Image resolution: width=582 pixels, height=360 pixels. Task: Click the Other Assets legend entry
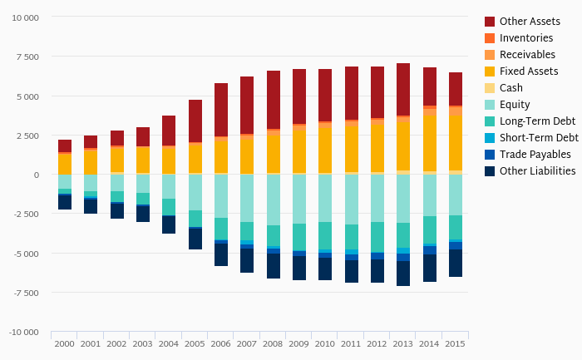[x=524, y=21]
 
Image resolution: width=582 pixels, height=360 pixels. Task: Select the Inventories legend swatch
[x=490, y=38]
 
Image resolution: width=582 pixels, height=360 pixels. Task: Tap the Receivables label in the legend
[x=527, y=55]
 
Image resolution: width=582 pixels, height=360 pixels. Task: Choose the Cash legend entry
[x=510, y=88]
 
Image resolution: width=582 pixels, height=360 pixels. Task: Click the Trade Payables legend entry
[x=535, y=155]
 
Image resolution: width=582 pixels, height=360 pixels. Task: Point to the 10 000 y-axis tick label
[x=24, y=17]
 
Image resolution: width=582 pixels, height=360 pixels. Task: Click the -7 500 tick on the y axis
[x=26, y=293]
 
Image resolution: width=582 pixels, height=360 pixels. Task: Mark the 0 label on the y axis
[x=36, y=175]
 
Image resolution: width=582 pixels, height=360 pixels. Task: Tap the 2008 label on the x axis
[x=274, y=343]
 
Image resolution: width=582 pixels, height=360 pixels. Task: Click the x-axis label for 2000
[x=64, y=343]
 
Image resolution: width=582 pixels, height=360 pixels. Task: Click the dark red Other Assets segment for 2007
[x=247, y=105]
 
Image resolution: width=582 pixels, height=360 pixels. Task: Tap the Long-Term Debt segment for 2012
[x=377, y=237]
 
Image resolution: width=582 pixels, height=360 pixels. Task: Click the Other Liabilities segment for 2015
[x=456, y=263]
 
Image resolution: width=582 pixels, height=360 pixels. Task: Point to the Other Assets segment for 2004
[x=169, y=131]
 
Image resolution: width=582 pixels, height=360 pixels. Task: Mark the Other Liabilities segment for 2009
[x=299, y=268]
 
